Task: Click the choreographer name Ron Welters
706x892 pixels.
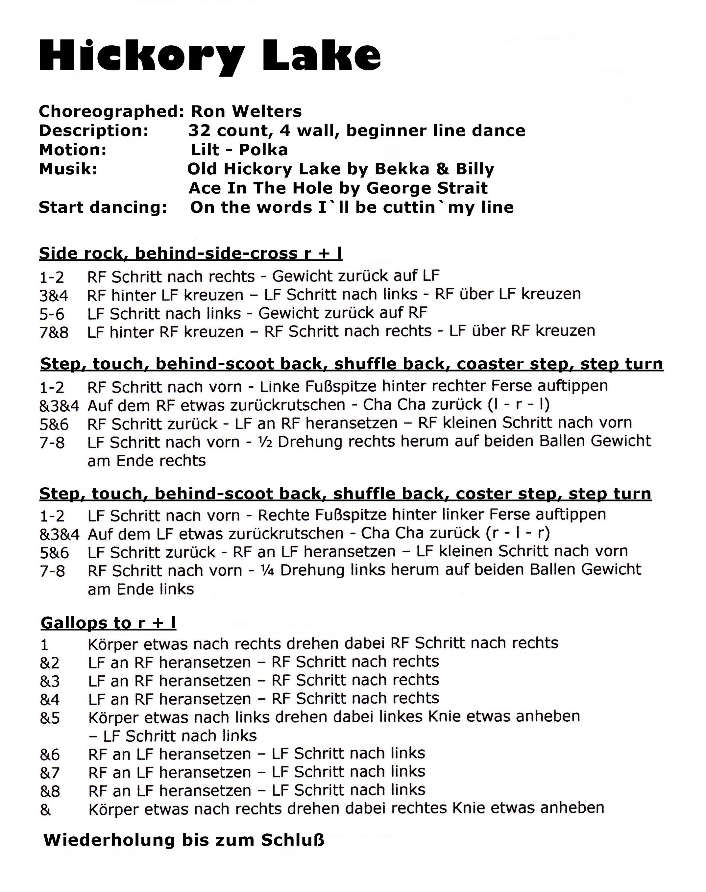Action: [x=246, y=111]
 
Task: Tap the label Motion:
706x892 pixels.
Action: [x=73, y=150]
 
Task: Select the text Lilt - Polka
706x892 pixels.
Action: [x=239, y=150]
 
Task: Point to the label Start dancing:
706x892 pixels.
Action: [x=103, y=207]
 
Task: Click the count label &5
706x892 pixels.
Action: [x=50, y=718]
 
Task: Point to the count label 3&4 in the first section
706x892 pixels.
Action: [x=54, y=296]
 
